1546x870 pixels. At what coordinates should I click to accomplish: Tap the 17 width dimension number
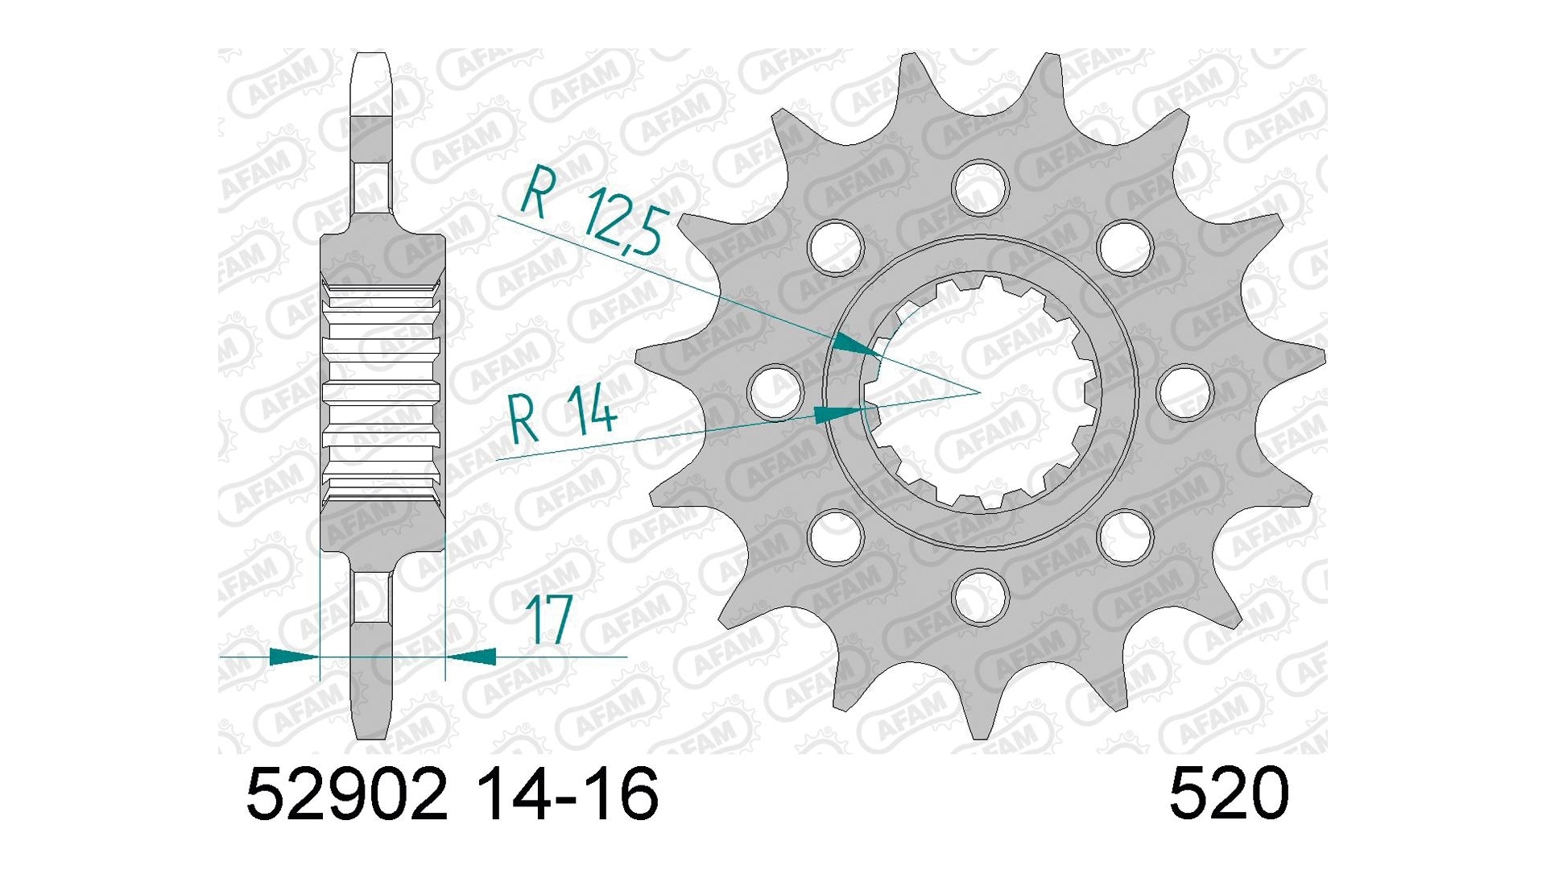548,620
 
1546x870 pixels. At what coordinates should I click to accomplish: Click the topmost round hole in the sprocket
980,187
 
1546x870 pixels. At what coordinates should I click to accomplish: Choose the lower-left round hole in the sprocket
835,536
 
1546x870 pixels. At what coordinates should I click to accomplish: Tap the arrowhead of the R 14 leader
837,415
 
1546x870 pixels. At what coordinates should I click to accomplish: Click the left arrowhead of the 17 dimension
293,657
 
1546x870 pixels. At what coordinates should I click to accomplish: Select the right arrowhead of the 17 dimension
472,657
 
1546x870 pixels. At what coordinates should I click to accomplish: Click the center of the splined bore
980,392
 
